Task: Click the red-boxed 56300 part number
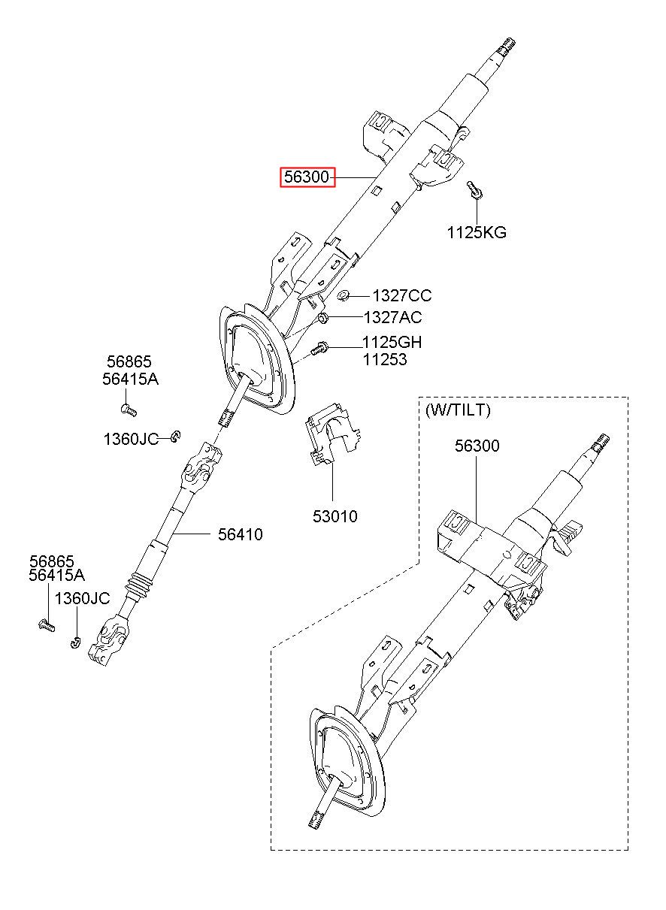coord(307,177)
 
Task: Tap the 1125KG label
coord(477,232)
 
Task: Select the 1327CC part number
coord(402,295)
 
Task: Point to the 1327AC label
coord(392,317)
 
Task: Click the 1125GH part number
coord(392,342)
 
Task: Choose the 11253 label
coord(385,359)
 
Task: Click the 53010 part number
coord(335,516)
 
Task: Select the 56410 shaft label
coord(240,534)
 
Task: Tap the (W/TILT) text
coord(458,410)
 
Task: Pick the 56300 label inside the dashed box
coord(477,446)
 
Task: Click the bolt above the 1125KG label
coord(474,189)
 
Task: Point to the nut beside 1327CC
coord(343,295)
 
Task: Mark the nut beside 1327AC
coord(323,318)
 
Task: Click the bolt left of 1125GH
coord(319,348)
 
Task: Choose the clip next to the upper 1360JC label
coord(176,437)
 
